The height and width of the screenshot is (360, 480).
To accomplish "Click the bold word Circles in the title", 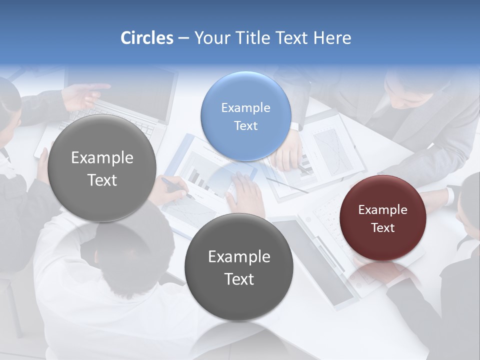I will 147,38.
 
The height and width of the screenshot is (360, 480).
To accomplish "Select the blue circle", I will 245,116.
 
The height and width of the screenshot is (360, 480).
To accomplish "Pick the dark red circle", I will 382,218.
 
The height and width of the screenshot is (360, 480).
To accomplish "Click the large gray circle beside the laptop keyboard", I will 102,168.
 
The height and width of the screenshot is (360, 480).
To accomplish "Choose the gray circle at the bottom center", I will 238,267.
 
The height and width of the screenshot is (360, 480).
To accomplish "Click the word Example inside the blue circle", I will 245,108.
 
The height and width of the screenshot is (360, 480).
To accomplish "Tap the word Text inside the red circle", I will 383,228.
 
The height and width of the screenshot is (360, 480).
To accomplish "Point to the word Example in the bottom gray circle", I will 239,257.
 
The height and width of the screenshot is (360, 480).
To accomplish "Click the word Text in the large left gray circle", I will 102,180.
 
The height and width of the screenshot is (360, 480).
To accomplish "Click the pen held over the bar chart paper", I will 176,187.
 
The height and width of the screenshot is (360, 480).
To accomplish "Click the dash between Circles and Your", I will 183,38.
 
